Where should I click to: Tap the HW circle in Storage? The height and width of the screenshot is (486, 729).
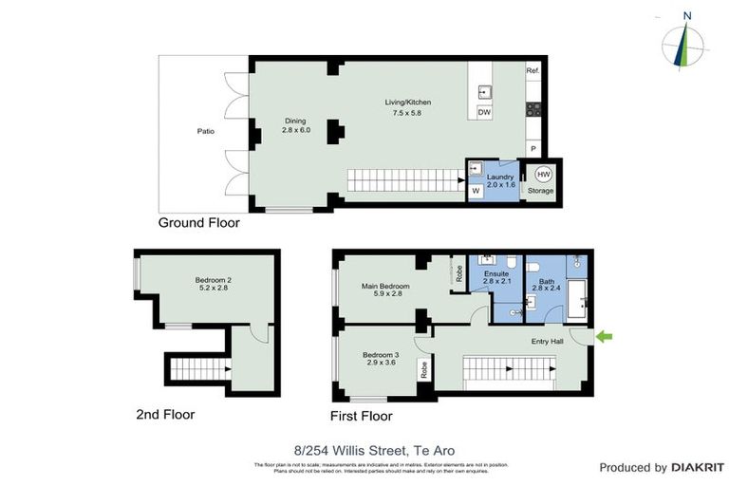click(543, 175)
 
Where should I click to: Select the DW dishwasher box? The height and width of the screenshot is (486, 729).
click(484, 112)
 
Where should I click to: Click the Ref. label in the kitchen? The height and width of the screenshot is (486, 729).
click(533, 71)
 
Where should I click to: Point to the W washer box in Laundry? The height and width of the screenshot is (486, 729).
click(475, 190)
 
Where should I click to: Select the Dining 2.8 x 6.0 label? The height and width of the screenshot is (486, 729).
click(296, 125)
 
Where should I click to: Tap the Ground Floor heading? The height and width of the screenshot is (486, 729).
click(199, 223)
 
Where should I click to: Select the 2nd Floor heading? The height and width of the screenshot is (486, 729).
click(165, 414)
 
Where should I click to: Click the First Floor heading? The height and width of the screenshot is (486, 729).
click(361, 416)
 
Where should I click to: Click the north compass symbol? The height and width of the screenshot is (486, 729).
click(685, 40)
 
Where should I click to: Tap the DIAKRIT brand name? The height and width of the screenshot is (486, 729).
click(698, 467)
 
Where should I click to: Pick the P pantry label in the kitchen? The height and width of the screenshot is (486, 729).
click(533, 149)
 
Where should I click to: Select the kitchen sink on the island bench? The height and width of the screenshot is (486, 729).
click(484, 91)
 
